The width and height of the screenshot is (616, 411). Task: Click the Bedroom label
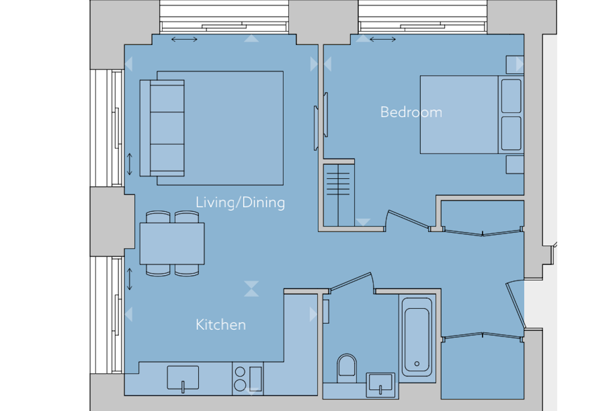[x=411, y=112]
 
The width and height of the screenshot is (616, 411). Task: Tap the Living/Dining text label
[x=240, y=203]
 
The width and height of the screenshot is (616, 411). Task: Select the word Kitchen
[x=221, y=325]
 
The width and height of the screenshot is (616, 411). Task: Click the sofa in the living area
[x=162, y=128]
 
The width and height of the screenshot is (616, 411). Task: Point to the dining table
[x=172, y=244]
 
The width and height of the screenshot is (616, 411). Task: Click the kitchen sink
[x=183, y=378]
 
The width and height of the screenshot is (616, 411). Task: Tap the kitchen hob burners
[x=240, y=379]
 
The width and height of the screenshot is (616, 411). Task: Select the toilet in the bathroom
[x=347, y=368]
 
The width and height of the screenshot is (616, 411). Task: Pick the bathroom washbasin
[x=380, y=385]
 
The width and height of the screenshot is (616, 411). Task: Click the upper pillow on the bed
[x=511, y=96]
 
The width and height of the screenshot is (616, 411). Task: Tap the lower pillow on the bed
[x=511, y=134]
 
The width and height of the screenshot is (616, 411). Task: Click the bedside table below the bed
[x=515, y=165]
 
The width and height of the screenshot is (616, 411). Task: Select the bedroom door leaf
[x=408, y=219]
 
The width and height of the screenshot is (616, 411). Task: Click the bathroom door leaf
[x=351, y=281]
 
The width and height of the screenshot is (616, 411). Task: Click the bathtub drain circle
[x=417, y=364]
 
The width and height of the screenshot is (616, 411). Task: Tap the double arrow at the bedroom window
[x=383, y=39]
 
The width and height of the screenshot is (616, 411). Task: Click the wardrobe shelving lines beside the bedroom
[x=338, y=184]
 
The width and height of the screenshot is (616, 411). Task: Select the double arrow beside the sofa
[x=129, y=164]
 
